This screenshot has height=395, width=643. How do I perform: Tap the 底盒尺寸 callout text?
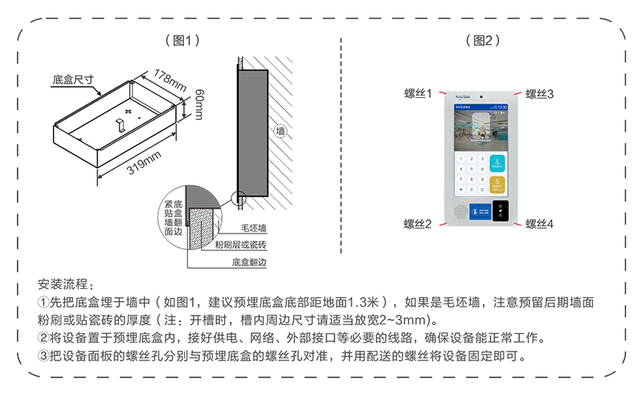point(73,79)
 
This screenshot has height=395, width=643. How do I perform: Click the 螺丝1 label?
point(418,94)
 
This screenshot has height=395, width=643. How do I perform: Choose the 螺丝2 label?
point(418,223)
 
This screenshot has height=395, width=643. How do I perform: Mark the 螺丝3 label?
point(540,94)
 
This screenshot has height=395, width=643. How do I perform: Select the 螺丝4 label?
point(540,223)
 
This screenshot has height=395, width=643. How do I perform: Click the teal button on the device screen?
point(498,163)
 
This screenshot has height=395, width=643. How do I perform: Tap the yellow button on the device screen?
point(498,186)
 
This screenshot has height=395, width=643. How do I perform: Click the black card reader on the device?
point(500,211)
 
